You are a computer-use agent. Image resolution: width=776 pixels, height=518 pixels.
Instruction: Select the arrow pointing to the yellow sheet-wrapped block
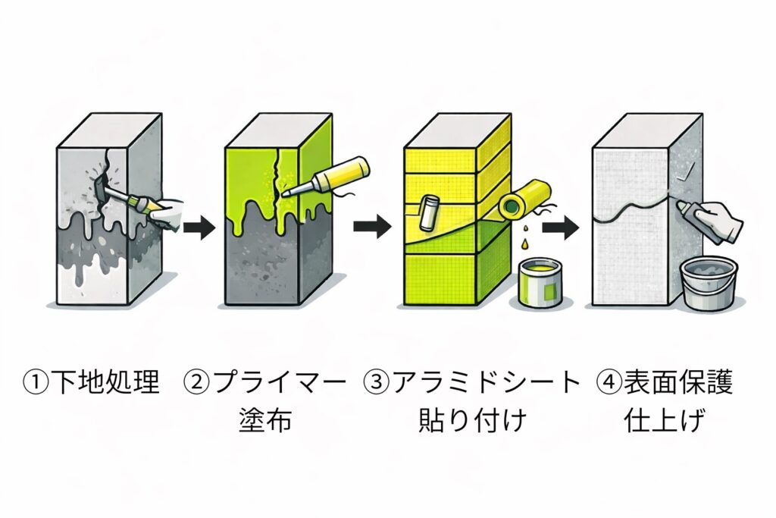click(x=371, y=225)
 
